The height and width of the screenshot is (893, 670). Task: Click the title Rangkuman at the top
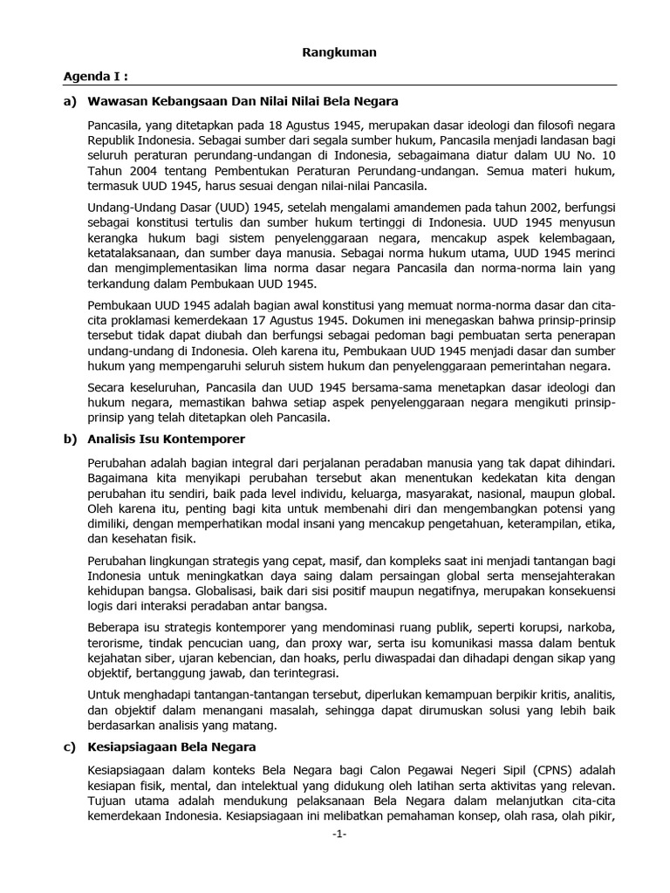[339, 52]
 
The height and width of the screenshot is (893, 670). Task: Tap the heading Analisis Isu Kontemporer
[167, 439]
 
